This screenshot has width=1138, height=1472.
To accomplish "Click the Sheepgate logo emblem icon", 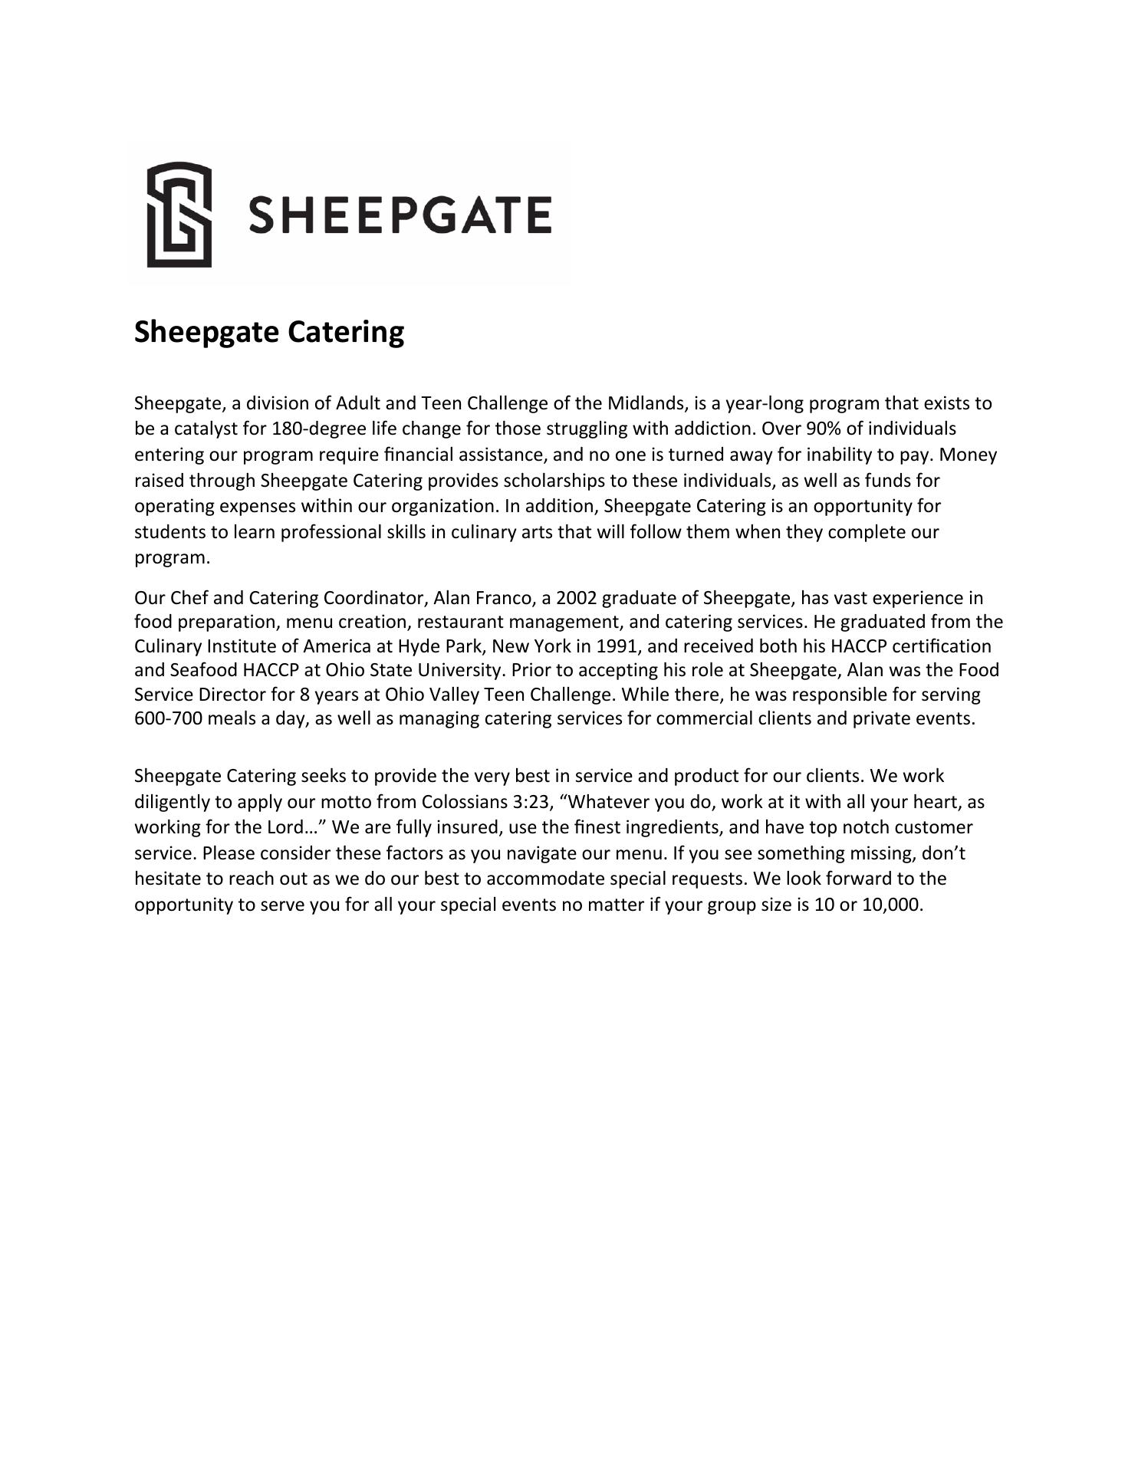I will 179,215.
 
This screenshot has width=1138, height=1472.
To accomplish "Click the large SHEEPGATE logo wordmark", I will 400,215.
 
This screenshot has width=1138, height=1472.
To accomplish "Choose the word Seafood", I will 203,670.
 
